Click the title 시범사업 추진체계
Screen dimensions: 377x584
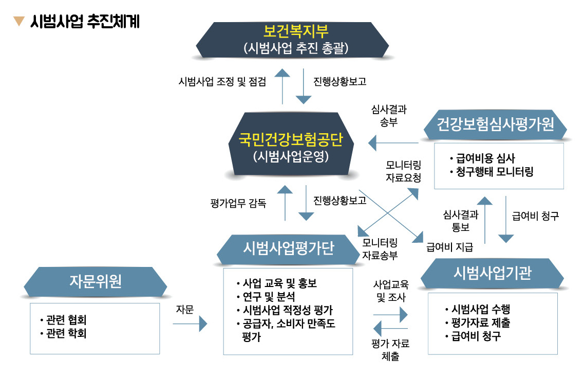[x=85, y=22]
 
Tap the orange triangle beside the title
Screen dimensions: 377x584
[x=19, y=22]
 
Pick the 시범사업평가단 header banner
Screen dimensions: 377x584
[x=288, y=248]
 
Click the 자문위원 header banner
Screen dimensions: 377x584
[x=96, y=281]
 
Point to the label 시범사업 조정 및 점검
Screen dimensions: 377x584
[x=222, y=82]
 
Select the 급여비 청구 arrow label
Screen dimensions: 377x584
[x=535, y=217]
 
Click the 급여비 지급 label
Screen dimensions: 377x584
[x=450, y=247]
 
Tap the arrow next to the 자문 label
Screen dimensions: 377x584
[x=190, y=324]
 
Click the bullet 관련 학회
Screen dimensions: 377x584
[x=64, y=334]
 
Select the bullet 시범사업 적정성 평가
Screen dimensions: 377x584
[x=285, y=310]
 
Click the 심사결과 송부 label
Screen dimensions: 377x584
[x=388, y=116]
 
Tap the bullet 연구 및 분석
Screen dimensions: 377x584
[x=266, y=297]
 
